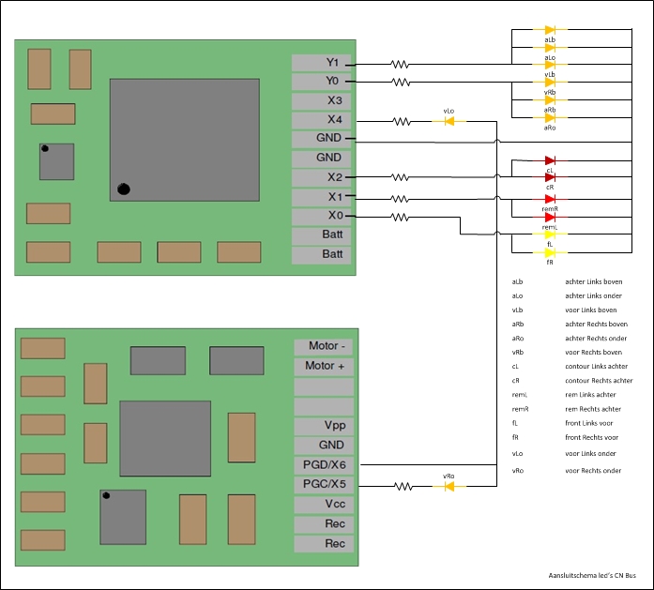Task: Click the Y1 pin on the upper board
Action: tap(322, 63)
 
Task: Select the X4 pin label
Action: tap(322, 120)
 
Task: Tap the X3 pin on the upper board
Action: tap(322, 100)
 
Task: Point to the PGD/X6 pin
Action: tap(324, 464)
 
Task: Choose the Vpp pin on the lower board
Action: tap(324, 425)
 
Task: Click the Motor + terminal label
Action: tap(324, 366)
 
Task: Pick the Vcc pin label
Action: tap(324, 504)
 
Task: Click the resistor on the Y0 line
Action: tap(401, 83)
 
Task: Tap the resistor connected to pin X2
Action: tap(401, 177)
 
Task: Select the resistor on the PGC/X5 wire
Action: tap(404, 486)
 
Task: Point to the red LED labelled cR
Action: tap(550, 177)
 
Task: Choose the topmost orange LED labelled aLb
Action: tap(550, 31)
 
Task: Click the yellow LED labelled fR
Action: tap(550, 252)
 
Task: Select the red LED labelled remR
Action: tap(550, 199)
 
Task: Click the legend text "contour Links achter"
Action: tap(596, 366)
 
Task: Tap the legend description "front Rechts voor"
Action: tap(591, 437)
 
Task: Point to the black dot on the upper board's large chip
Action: tap(123, 189)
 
